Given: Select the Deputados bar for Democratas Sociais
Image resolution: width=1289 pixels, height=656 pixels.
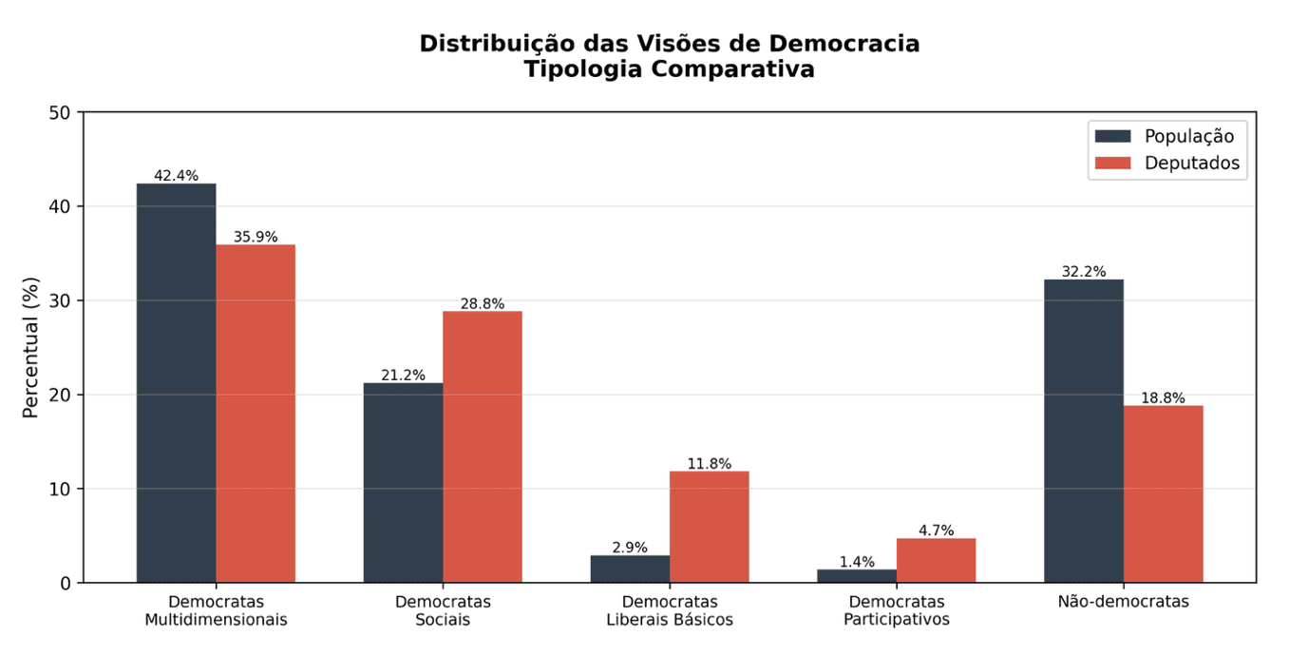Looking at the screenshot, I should [482, 447].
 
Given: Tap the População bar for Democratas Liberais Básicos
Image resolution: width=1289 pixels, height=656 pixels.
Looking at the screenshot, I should [630, 569].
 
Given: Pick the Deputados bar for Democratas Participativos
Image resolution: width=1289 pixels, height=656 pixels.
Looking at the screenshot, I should [936, 560].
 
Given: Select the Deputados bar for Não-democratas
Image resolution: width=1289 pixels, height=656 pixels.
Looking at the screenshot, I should [1163, 493].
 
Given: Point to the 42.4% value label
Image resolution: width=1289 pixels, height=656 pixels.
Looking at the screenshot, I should [176, 176].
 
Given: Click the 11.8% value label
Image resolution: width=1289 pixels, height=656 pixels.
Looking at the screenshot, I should [709, 464].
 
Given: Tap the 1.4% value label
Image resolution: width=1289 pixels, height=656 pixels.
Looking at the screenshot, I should [857, 562].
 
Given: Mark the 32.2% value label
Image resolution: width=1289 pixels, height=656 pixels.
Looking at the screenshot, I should [1083, 272].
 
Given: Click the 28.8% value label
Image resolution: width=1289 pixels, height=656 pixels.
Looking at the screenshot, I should [482, 304].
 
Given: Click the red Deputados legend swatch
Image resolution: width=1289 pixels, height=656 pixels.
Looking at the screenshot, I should [1112, 163].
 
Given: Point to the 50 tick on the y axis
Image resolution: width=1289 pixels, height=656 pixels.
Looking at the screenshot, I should [60, 113].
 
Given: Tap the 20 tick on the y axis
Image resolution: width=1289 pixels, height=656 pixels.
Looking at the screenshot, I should [60, 396].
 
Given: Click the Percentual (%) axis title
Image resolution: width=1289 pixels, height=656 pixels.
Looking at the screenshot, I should [31, 347].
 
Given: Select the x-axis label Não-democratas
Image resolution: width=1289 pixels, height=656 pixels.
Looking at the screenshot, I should [1123, 602].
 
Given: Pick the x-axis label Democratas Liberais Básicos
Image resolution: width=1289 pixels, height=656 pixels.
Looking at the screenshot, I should [670, 610].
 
